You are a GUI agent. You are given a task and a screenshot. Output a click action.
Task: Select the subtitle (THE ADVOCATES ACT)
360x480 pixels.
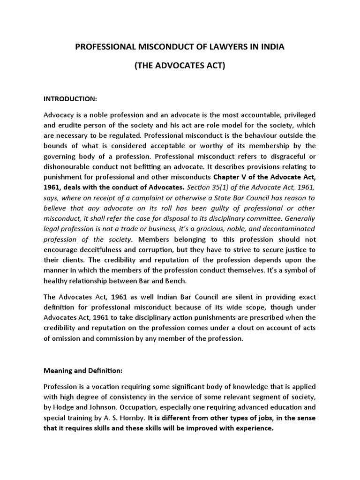(x=180, y=66)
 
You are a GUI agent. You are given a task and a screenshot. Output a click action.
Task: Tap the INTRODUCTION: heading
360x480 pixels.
(x=70, y=99)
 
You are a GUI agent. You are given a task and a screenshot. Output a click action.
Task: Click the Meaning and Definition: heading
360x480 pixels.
(x=83, y=370)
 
